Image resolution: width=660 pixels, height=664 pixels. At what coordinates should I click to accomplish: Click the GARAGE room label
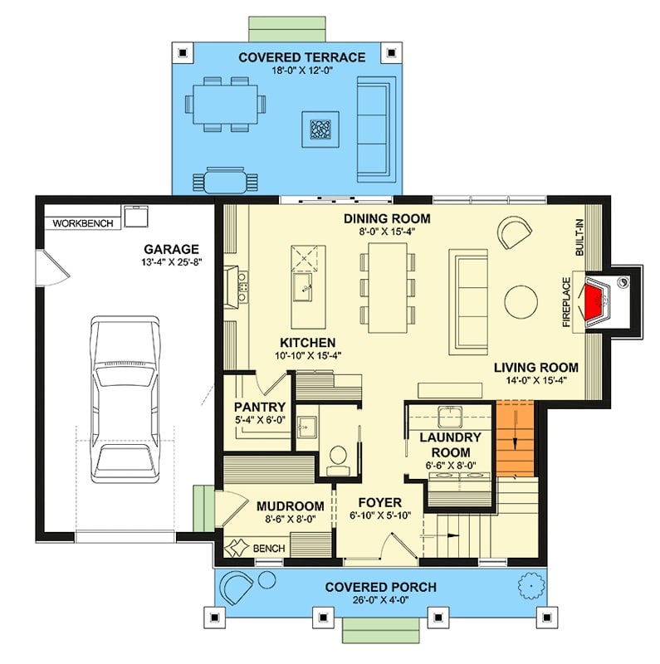171,248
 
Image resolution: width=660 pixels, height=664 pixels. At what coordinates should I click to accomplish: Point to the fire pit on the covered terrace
320,128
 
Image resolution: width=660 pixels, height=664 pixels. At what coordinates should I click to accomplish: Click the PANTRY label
260,408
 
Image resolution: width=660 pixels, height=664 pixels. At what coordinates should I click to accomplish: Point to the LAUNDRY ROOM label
451,444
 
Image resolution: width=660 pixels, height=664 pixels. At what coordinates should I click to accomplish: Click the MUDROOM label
290,506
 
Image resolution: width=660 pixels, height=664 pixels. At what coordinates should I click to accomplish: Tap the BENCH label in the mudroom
270,549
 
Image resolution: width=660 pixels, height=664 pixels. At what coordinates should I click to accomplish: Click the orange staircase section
515,438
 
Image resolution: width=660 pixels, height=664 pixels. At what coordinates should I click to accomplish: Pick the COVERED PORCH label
380,587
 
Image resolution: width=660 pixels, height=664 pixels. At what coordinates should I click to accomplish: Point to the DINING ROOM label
388,218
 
